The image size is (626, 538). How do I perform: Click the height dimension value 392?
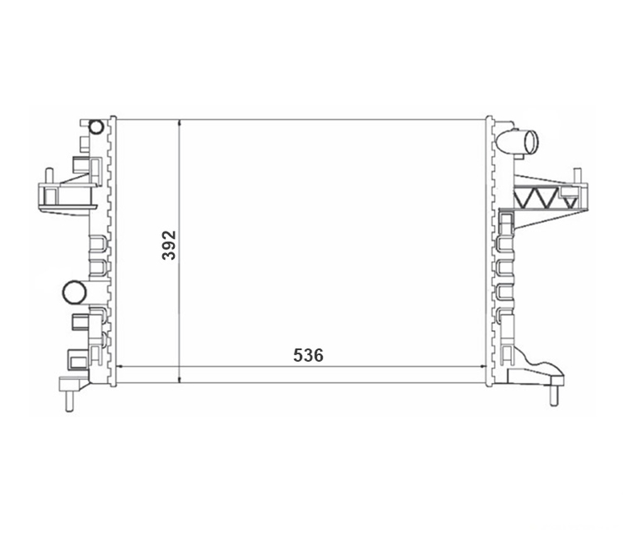coord(169,245)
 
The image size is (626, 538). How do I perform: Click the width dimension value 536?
coord(308,355)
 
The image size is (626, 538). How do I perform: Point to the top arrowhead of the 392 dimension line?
coord(180,122)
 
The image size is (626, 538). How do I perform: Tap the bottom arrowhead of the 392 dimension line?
coord(180,380)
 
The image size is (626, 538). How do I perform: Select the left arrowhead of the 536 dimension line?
coord(118,366)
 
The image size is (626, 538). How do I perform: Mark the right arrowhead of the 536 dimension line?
coord(484,366)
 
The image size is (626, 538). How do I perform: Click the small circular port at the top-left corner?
coord(96,127)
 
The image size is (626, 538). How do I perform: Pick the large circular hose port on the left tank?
coord(75,292)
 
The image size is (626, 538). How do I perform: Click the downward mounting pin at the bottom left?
coord(70,400)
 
